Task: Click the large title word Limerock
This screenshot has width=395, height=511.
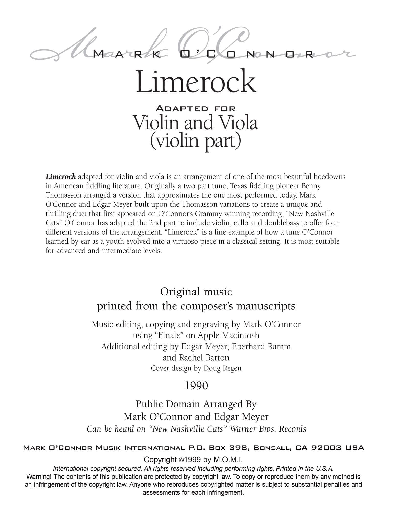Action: [x=196, y=81]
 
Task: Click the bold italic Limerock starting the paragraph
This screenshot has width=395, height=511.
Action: [x=61, y=177]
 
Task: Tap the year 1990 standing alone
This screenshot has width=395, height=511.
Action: [x=196, y=386]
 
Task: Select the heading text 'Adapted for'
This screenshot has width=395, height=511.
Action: [x=196, y=109]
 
